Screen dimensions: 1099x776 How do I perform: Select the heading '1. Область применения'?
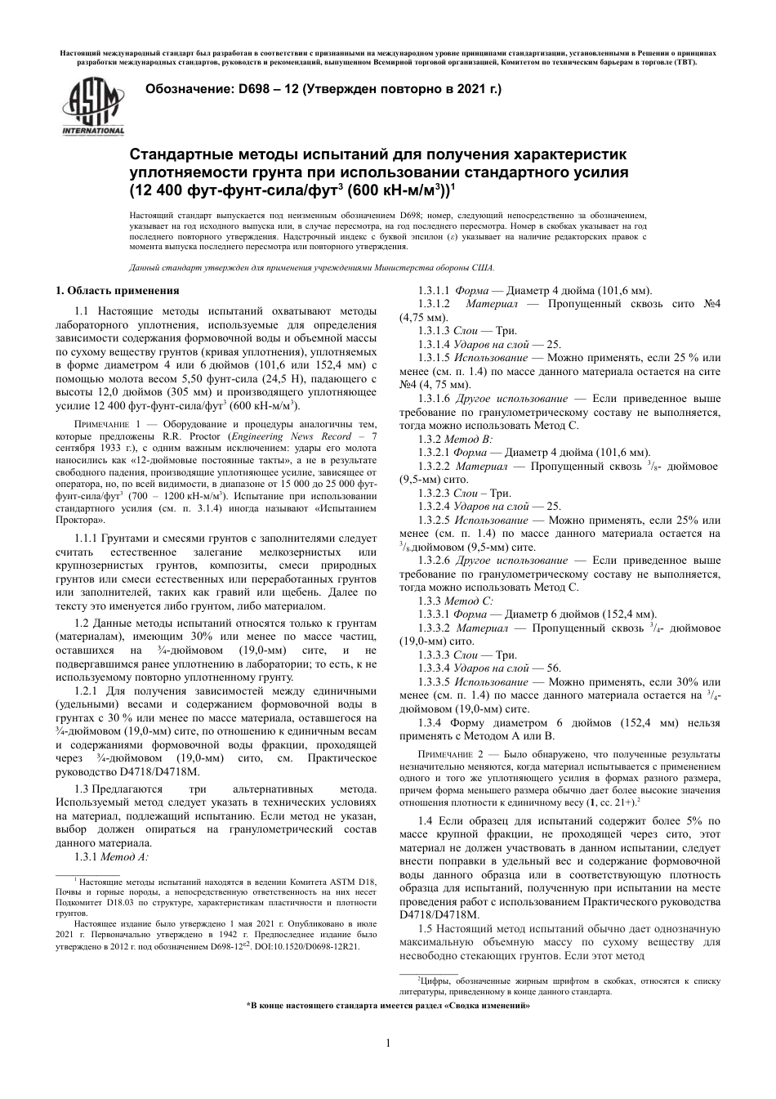[117, 291]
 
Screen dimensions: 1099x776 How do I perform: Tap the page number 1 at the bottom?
[388, 1042]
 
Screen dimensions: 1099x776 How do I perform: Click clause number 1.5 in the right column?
[424, 929]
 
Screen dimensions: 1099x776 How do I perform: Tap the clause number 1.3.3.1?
[433, 614]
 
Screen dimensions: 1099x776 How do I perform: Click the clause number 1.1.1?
[87, 539]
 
